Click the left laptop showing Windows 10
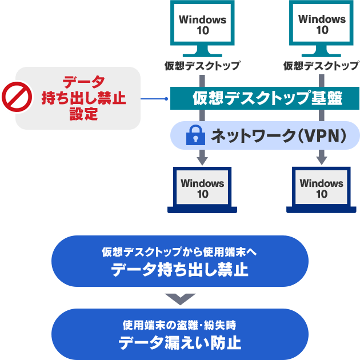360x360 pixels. pyautogui.click(x=202, y=188)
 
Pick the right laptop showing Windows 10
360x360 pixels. pyautogui.click(x=321, y=188)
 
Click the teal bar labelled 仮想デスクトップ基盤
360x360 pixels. pyautogui.click(x=265, y=98)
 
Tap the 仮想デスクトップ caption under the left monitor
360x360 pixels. pyautogui.click(x=202, y=66)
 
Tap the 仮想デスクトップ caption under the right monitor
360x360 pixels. pyautogui.click(x=322, y=66)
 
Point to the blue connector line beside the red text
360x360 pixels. pyautogui.click(x=154, y=98)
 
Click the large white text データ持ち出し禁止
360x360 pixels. pyautogui.click(x=179, y=270)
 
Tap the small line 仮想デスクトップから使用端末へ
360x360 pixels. pyautogui.click(x=179, y=252)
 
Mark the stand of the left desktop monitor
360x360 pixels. pyautogui.click(x=202, y=51)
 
